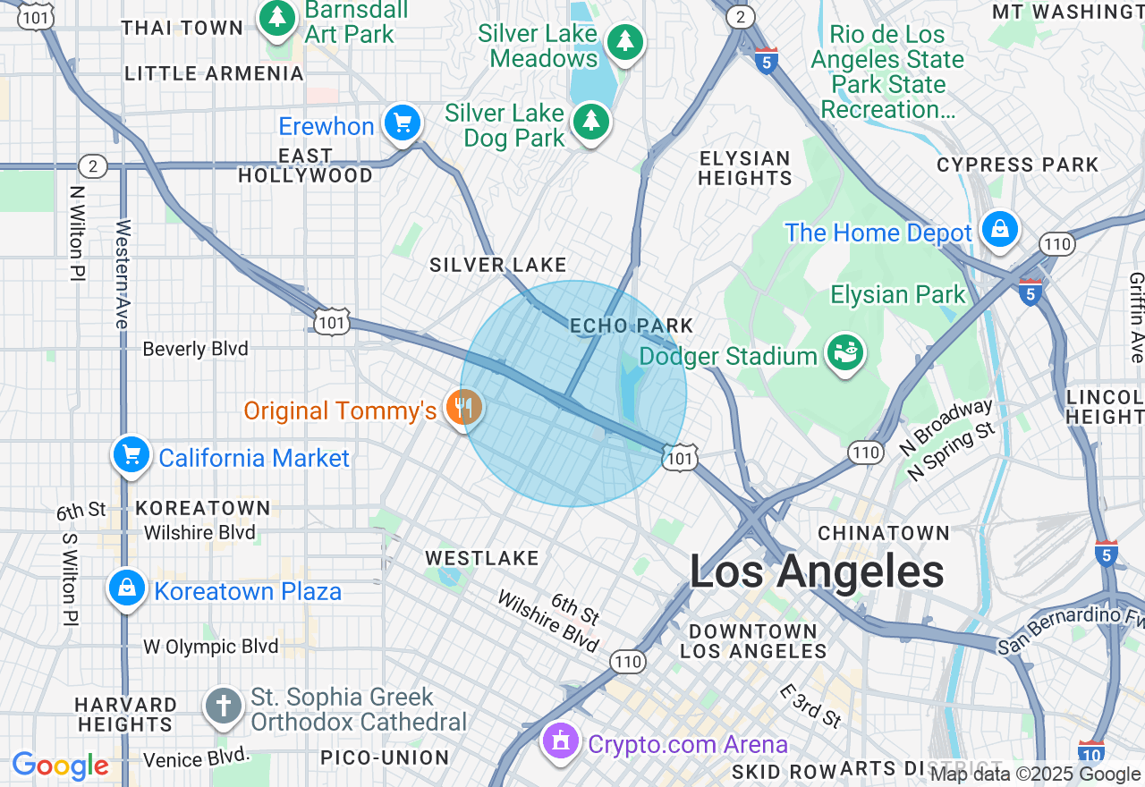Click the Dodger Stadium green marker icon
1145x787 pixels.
(844, 353)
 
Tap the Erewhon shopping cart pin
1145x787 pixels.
(403, 123)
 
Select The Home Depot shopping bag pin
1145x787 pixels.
(999, 230)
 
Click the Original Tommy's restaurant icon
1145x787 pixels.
(462, 409)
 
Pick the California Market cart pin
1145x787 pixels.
(131, 456)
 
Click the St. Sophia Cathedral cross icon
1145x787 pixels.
(223, 706)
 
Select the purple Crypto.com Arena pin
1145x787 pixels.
(561, 742)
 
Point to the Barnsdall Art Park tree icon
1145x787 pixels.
(277, 18)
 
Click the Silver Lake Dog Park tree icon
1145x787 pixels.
(590, 123)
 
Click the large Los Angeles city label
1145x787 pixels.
(816, 571)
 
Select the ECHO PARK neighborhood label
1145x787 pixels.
(632, 326)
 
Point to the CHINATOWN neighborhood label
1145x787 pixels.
(884, 533)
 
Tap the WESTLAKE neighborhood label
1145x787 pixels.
(481, 558)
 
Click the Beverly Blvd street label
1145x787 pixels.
(195, 349)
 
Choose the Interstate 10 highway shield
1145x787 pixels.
(1091, 752)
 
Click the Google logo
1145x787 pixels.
(60, 766)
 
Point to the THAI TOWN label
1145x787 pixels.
(182, 28)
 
